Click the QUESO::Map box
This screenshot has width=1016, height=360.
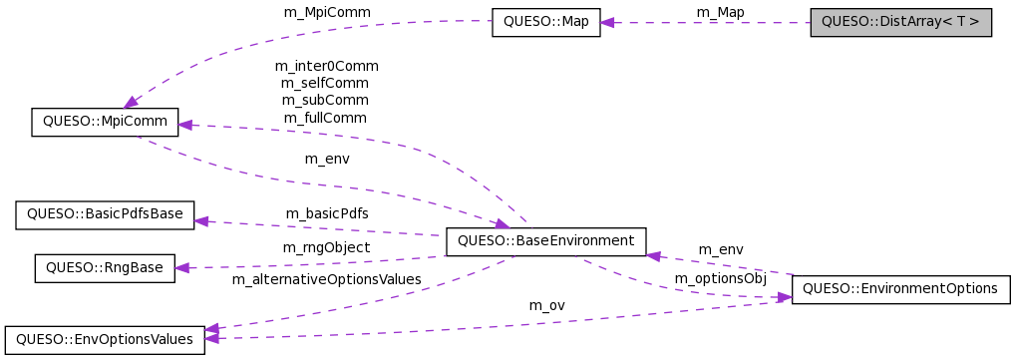(x=545, y=23)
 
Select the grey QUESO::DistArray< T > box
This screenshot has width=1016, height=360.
(x=900, y=23)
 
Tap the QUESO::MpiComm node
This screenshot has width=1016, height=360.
(x=105, y=123)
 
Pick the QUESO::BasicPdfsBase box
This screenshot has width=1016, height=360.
(x=105, y=214)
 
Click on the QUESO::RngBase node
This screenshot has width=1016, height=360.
(x=105, y=267)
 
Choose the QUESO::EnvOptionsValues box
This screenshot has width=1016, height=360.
(x=105, y=339)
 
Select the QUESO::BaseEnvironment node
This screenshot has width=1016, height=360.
(x=545, y=241)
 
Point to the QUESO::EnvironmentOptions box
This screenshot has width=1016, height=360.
(x=900, y=289)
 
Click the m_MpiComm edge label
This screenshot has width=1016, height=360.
(x=327, y=12)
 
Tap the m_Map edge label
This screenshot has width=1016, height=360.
(x=720, y=12)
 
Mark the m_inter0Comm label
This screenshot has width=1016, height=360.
(x=326, y=66)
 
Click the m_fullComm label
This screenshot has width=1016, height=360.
(x=324, y=119)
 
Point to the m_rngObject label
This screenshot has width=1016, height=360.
(x=326, y=247)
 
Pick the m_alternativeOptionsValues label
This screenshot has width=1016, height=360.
(x=326, y=280)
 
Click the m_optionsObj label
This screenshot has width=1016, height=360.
(x=720, y=279)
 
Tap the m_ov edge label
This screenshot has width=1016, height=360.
(x=546, y=305)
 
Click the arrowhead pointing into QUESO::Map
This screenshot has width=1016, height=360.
(x=607, y=23)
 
